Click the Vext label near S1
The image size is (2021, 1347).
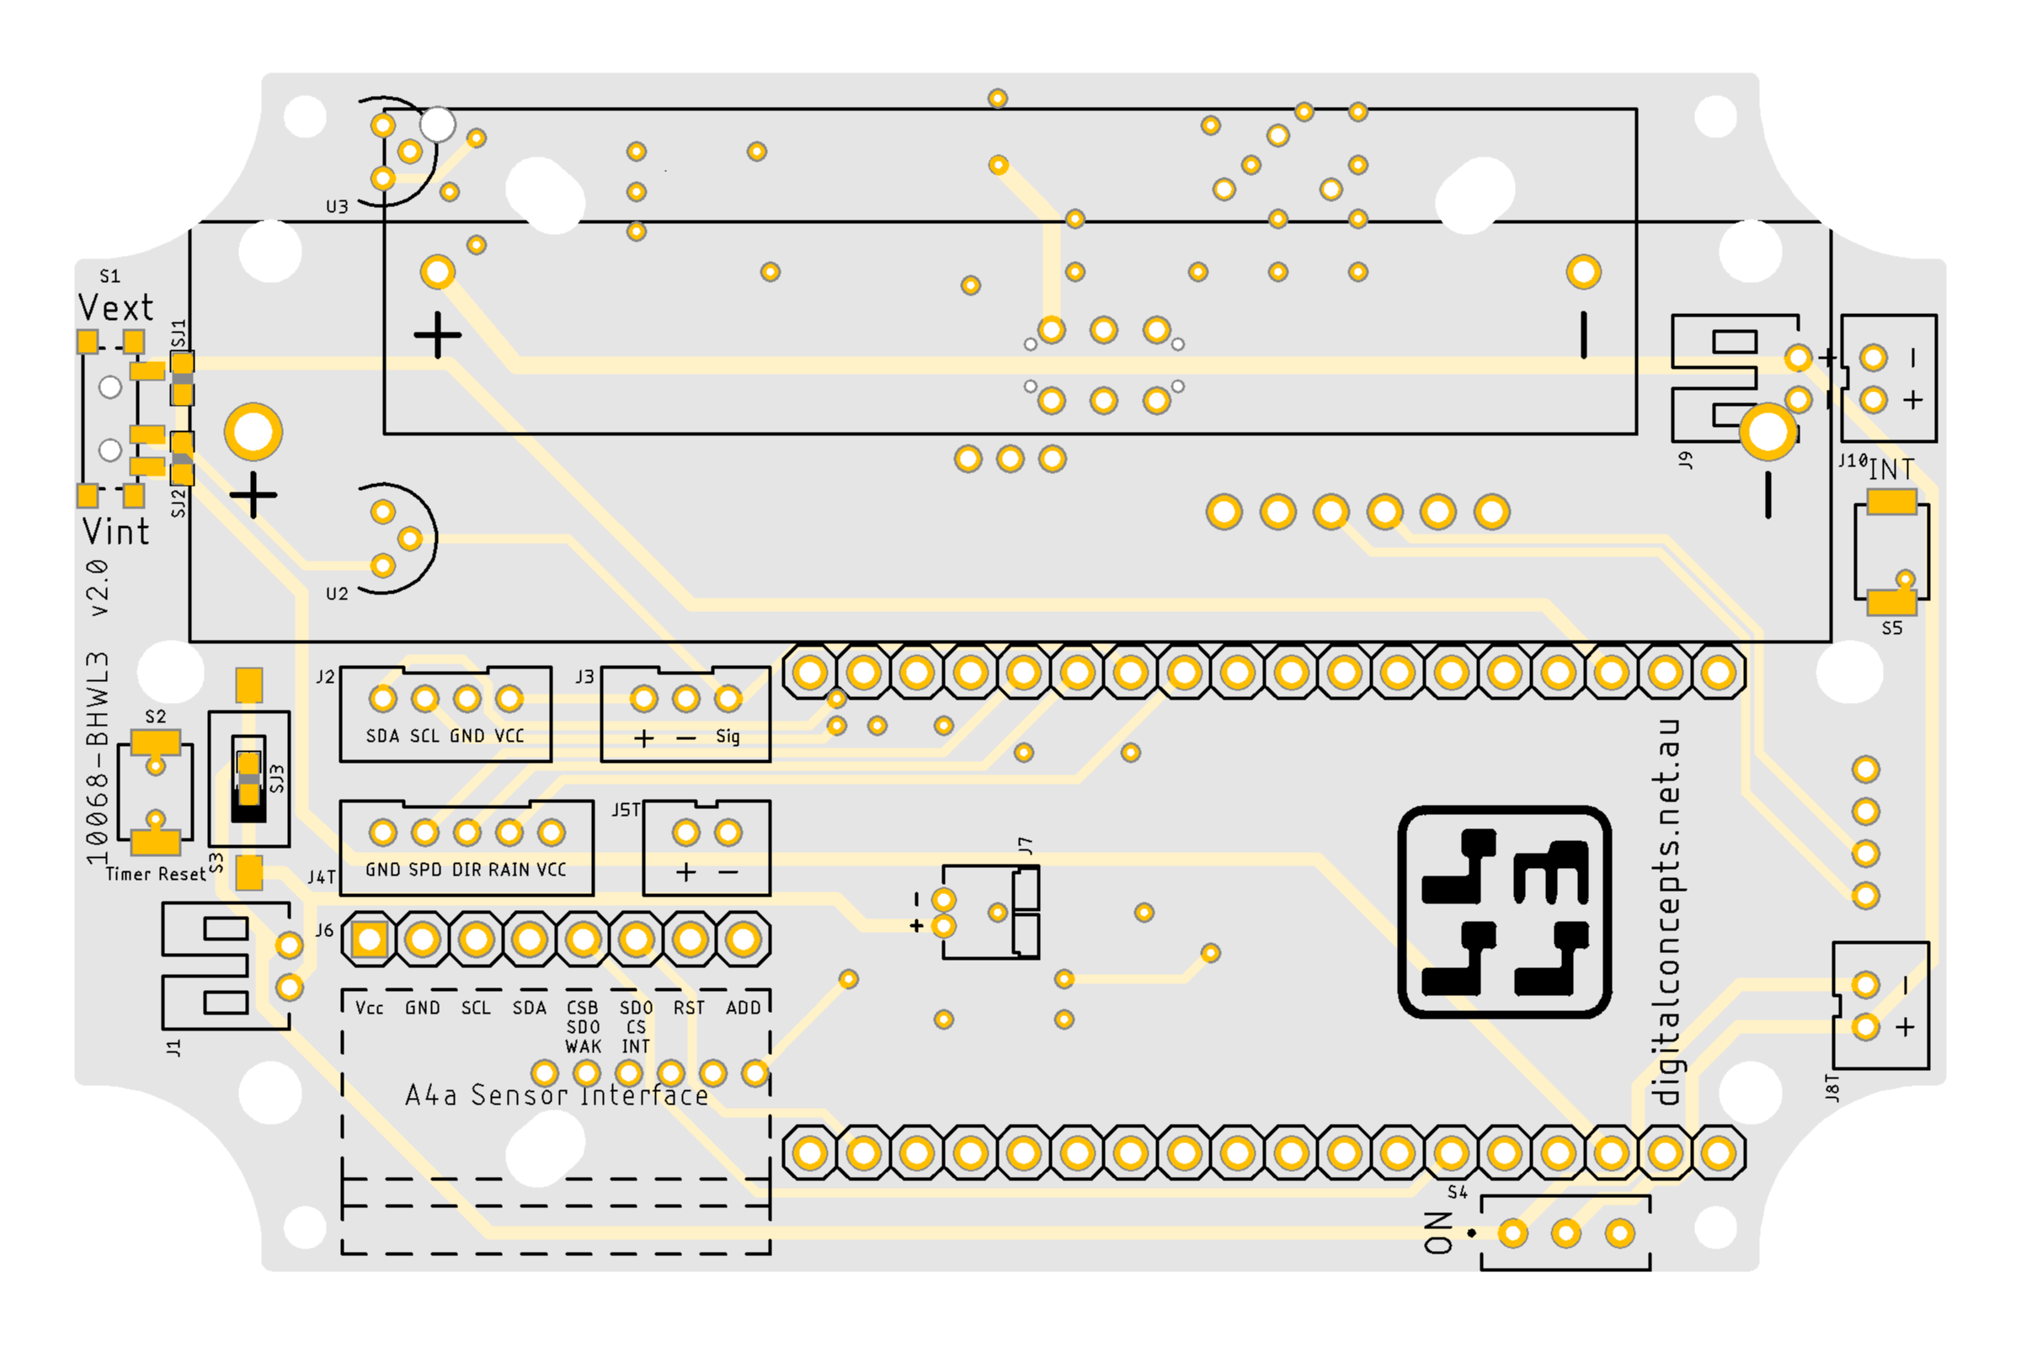[115, 306]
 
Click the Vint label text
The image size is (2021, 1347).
[115, 532]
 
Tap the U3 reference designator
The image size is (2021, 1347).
[337, 207]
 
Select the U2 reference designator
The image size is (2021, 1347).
[337, 594]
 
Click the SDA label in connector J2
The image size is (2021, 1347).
[382, 736]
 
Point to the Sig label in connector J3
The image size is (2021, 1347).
[728, 736]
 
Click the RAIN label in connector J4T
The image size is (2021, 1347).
[509, 870]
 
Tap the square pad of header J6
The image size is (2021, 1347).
[370, 940]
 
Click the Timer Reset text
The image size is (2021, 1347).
[156, 875]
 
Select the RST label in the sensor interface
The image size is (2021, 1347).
[689, 1008]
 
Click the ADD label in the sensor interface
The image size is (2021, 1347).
[744, 1008]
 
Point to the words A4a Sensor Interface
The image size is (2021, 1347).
[557, 1095]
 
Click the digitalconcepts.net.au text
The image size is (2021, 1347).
[1666, 913]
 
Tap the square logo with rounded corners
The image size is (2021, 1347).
[1505, 913]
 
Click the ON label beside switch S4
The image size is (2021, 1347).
[1439, 1233]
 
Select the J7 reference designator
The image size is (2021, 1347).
[1025, 845]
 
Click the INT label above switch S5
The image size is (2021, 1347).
[1891, 469]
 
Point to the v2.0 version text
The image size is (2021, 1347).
[99, 588]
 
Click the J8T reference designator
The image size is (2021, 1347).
[1832, 1088]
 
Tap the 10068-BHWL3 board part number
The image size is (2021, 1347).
[98, 758]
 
